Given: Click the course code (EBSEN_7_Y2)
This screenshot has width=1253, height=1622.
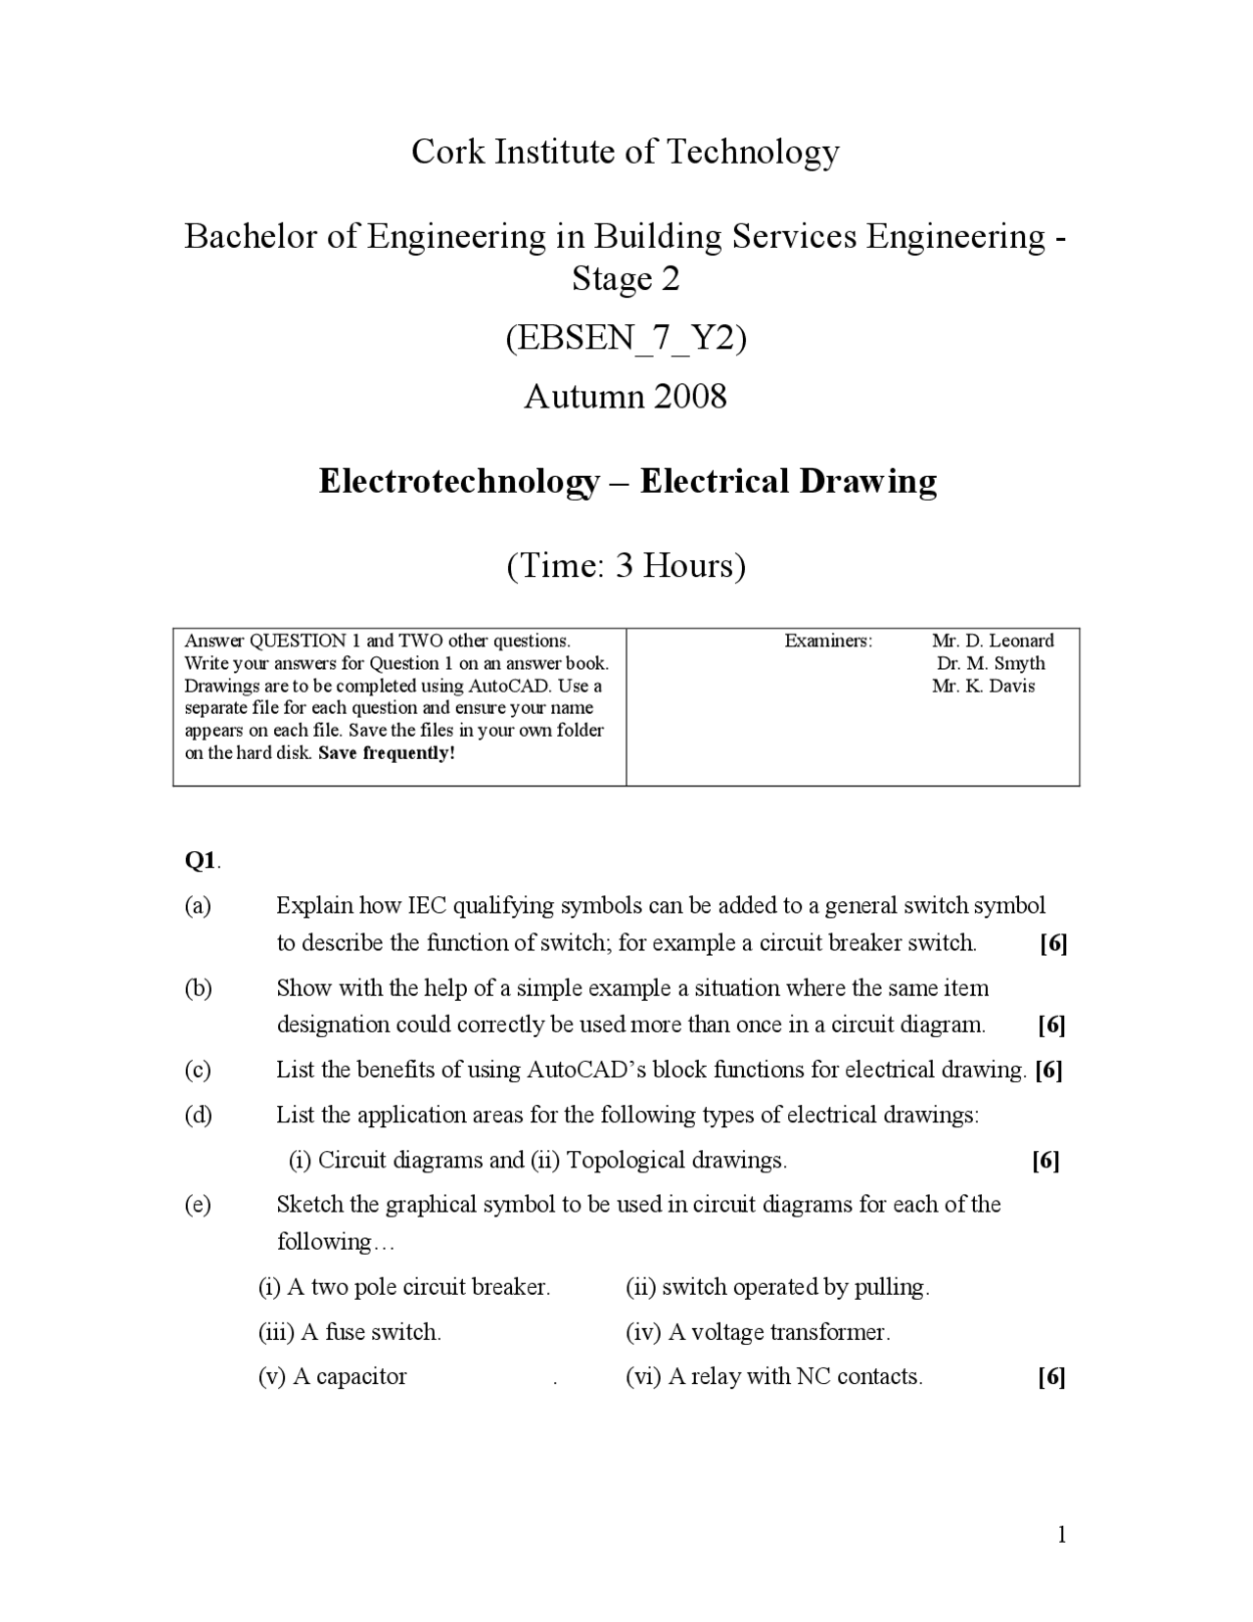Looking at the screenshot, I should (x=626, y=338).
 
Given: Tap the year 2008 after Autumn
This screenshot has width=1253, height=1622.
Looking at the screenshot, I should (x=690, y=397).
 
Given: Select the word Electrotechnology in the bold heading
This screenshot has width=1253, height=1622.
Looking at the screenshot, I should (x=459, y=482).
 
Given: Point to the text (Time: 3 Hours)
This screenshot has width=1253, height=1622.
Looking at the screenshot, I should (x=626, y=566).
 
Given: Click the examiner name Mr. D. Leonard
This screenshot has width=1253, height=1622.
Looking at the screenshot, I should (x=993, y=641).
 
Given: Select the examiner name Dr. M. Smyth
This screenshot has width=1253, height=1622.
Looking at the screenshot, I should (x=991, y=663).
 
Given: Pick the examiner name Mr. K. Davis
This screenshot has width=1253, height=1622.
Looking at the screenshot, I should (x=983, y=686).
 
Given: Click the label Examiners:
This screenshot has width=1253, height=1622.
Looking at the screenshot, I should (x=828, y=641).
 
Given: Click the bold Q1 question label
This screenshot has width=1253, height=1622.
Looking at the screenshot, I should (x=201, y=860).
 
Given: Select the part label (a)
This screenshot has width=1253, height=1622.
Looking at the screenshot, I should (x=198, y=905).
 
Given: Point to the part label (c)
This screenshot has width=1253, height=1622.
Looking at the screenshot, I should (x=198, y=1070).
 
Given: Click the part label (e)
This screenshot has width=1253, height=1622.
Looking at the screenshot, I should (x=198, y=1205).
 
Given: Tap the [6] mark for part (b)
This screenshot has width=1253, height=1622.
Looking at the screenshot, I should (x=1051, y=1026).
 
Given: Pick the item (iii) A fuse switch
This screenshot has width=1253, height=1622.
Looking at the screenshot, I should (x=349, y=1332).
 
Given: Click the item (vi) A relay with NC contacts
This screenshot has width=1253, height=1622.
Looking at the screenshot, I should (x=773, y=1377).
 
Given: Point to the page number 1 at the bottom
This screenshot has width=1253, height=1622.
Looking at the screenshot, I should (x=1061, y=1535).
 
